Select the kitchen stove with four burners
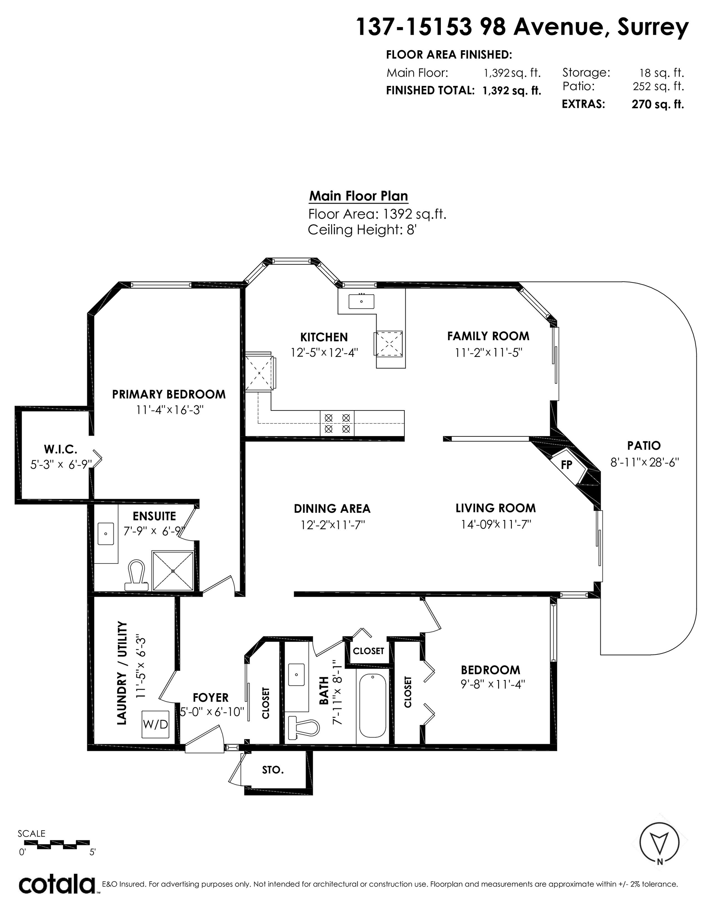[x=337, y=423]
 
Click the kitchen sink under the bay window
[x=361, y=301]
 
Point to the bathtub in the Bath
[x=373, y=706]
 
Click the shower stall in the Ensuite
[x=173, y=571]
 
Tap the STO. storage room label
[x=273, y=769]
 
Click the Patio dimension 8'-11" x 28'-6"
[x=645, y=462]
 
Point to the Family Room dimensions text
[x=488, y=352]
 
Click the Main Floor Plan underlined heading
[x=359, y=196]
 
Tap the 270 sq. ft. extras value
[x=657, y=104]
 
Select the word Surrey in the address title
[x=653, y=28]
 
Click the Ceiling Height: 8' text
[x=362, y=230]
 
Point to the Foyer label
[x=211, y=698]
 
